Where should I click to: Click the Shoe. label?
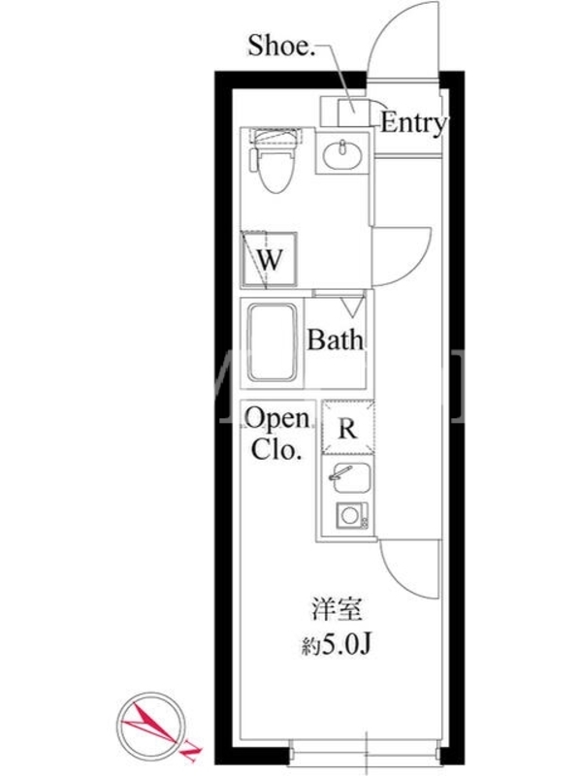click(x=281, y=46)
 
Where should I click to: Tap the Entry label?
click(x=414, y=124)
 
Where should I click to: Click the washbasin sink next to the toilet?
click(x=342, y=153)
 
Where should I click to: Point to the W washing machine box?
click(x=269, y=260)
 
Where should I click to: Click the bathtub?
click(x=273, y=342)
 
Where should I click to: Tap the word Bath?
click(x=335, y=340)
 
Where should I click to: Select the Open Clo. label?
click(x=277, y=434)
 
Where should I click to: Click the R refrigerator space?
click(x=347, y=428)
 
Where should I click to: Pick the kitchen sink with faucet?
click(x=349, y=477)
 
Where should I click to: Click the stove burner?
click(x=352, y=515)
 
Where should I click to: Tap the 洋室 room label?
click(x=337, y=609)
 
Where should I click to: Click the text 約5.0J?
click(x=337, y=645)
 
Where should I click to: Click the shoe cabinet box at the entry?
click(x=353, y=112)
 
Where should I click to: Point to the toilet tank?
click(x=275, y=137)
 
